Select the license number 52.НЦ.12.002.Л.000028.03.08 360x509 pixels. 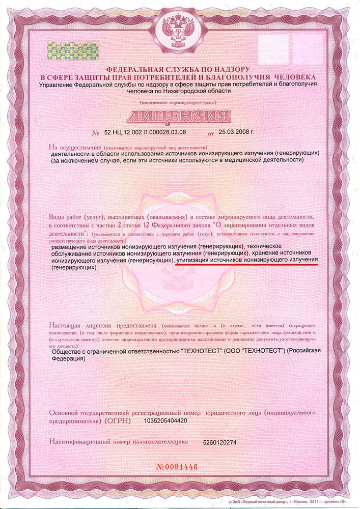click(145, 132)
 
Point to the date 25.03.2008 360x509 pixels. click(236, 132)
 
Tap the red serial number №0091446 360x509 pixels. click(184, 466)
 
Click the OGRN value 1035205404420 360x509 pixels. click(167, 421)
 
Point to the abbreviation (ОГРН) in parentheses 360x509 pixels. click(118, 421)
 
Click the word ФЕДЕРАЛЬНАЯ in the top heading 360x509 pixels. click(133, 69)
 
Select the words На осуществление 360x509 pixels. click(71, 147)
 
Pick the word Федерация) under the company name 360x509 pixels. click(69, 358)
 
